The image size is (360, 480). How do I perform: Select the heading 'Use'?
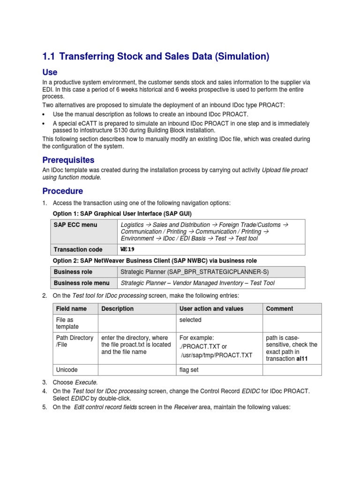(x=50, y=72)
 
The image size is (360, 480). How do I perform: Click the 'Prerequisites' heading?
(x=68, y=160)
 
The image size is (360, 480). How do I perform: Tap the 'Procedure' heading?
(x=62, y=191)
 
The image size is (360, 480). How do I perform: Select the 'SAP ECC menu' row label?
(x=75, y=225)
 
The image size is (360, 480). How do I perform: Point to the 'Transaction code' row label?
(x=78, y=249)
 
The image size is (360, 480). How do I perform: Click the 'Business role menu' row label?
(x=82, y=283)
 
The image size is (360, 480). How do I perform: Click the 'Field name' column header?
(x=71, y=309)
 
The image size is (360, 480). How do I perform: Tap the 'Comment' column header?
(x=279, y=309)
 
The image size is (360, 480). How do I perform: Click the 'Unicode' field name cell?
(x=67, y=370)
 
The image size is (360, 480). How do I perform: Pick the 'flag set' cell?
(x=189, y=370)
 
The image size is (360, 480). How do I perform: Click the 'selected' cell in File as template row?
(x=190, y=320)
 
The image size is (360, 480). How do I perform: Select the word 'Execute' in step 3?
(x=87, y=382)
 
